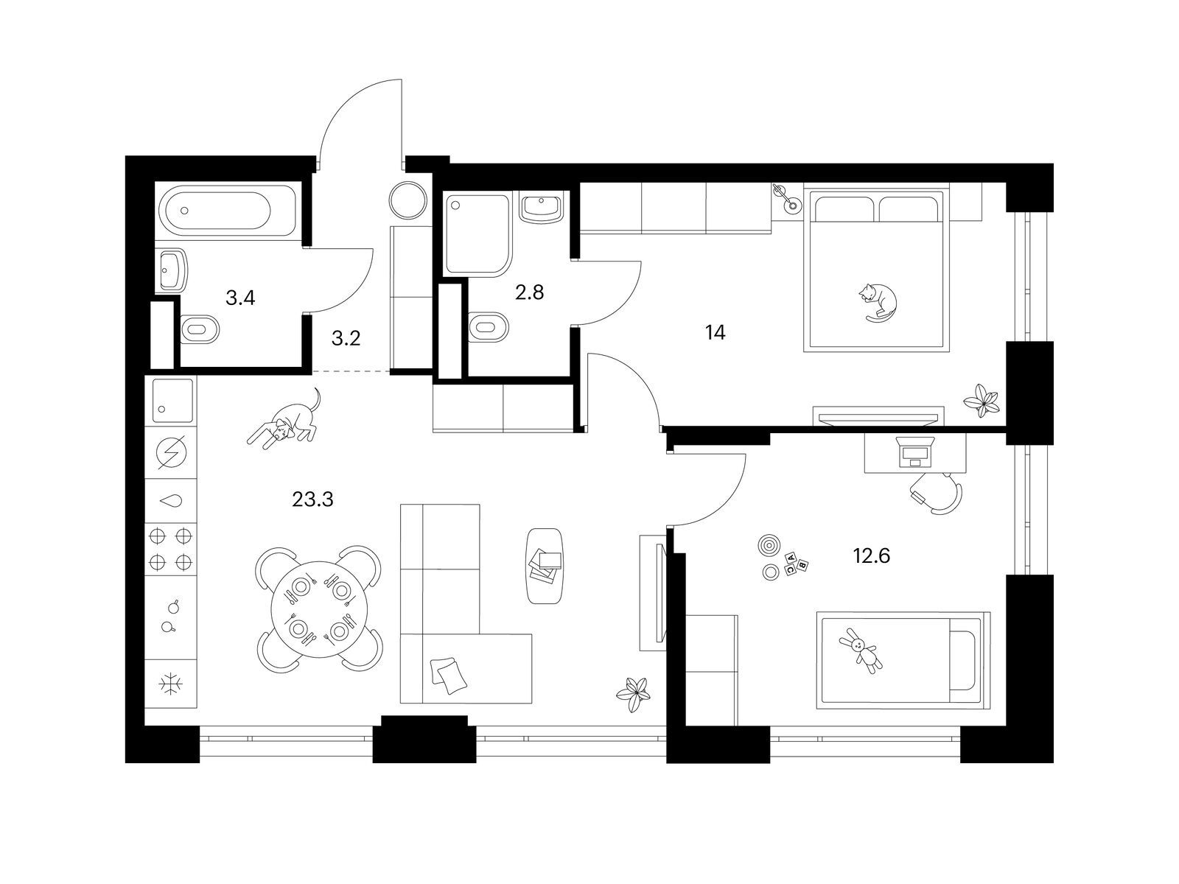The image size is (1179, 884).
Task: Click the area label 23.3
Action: click(312, 499)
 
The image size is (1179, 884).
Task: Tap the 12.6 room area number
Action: click(871, 555)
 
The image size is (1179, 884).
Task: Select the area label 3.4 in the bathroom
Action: click(240, 298)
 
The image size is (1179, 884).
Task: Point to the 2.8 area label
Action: click(530, 292)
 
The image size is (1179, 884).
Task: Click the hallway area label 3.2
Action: click(346, 338)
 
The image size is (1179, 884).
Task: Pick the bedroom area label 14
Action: click(716, 333)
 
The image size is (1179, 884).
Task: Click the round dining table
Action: click(320, 610)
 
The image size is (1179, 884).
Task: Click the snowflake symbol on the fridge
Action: click(172, 684)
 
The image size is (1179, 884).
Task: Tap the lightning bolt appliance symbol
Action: click(172, 452)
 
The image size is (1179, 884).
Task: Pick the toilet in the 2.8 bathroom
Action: click(489, 327)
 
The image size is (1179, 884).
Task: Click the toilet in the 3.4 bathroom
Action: click(199, 329)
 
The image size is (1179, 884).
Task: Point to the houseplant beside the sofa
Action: click(634, 695)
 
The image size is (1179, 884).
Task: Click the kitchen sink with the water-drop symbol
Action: click(172, 502)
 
